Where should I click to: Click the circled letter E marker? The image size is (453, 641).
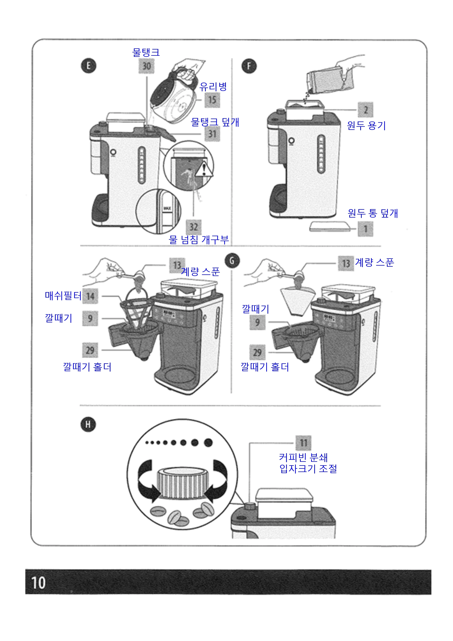pos(89,66)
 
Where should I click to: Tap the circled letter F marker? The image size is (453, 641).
pos(249,66)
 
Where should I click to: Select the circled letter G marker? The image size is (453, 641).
pos(232,260)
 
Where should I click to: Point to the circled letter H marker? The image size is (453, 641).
pos(88,425)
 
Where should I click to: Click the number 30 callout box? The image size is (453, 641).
pos(147,66)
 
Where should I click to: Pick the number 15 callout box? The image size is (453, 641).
pos(212,100)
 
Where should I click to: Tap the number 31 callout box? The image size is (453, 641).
pos(212,134)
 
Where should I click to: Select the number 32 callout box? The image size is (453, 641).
pos(194,227)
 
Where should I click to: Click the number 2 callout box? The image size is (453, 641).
pos(365,110)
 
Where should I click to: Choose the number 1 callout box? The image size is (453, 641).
pos(365,229)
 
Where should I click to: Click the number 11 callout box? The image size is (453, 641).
pos(303,443)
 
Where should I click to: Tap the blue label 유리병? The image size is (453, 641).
pos(213,87)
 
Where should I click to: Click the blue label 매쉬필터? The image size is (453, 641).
pos(63,296)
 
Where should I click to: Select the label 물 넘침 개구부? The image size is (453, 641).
pos(199,239)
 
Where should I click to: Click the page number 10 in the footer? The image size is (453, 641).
pos(38,583)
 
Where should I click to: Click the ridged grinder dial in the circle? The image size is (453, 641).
pos(183,485)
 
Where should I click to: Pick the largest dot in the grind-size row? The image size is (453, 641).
pos(208,442)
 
